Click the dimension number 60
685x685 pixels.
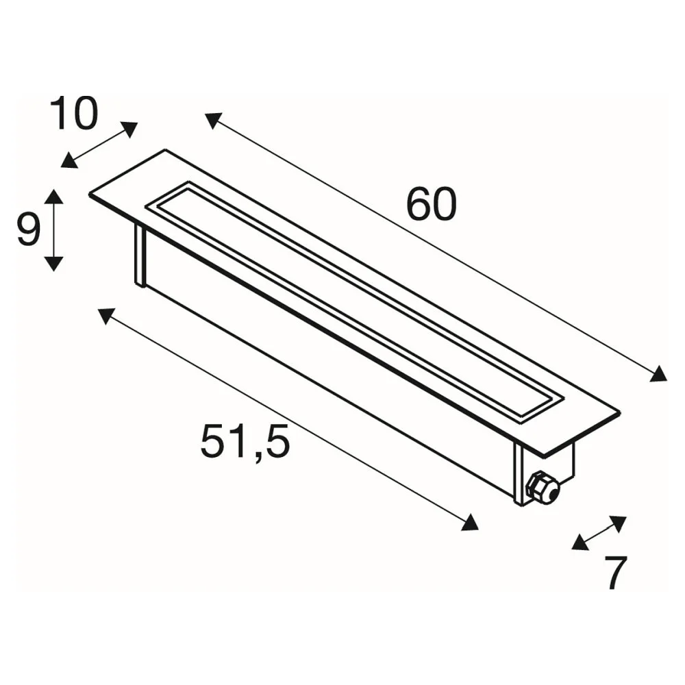(x=431, y=204)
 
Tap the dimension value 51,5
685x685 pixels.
(x=245, y=441)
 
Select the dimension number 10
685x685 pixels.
(x=73, y=113)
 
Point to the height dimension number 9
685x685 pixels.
(x=29, y=229)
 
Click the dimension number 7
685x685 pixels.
(x=615, y=573)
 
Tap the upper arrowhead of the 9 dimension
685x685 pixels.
(x=53, y=197)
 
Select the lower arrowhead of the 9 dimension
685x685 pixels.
(x=53, y=264)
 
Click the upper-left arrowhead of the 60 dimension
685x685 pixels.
(x=214, y=120)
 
